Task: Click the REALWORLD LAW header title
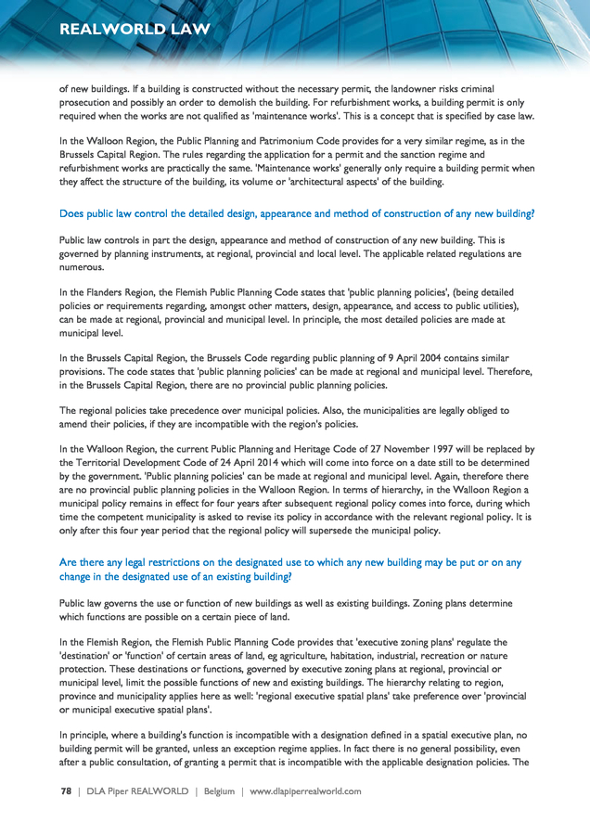(135, 29)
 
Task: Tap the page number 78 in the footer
(66, 791)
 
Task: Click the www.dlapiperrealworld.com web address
(305, 791)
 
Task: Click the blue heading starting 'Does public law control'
(297, 214)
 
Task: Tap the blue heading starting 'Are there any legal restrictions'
(290, 570)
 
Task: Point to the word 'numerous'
(83, 266)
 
